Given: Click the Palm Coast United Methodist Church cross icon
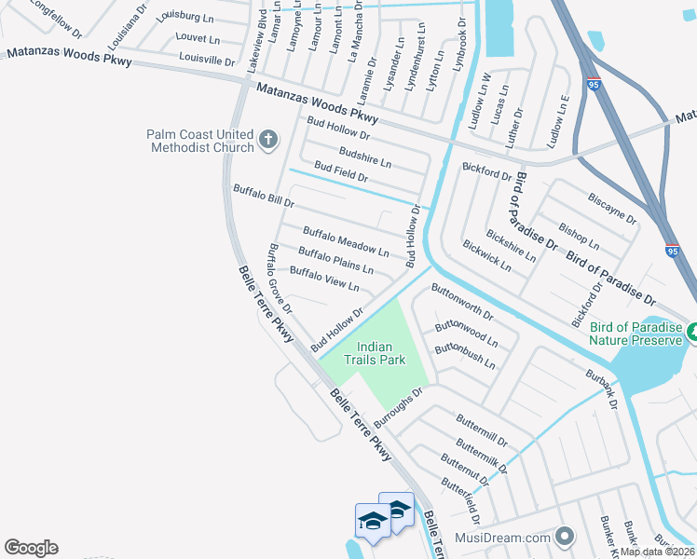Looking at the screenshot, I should (268, 141).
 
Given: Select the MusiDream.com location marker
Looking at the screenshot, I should (564, 538).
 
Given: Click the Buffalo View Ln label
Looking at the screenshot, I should (324, 278).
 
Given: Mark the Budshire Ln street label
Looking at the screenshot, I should (365, 157).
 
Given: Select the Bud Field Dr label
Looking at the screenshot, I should (341, 171).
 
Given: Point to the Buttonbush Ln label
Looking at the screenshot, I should (465, 356).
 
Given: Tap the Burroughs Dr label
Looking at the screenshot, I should (399, 407).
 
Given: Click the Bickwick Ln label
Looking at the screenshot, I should (486, 254).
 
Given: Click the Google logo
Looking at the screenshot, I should (30, 548).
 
